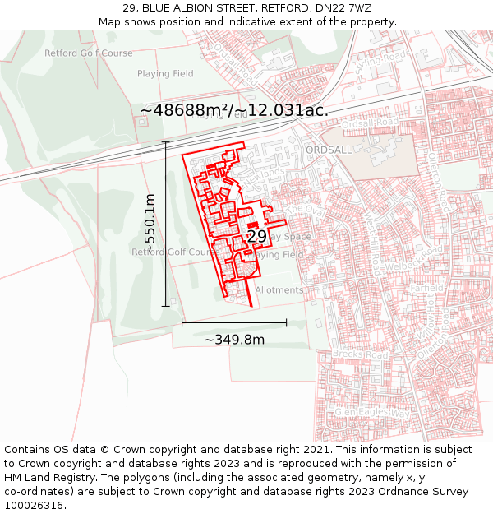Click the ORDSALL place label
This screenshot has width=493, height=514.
pos(328,150)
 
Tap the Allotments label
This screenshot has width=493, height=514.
pos(279,290)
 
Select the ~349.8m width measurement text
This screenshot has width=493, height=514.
pos(234,340)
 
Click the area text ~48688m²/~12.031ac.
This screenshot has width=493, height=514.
pos(234,109)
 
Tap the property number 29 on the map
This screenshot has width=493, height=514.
pos(257,236)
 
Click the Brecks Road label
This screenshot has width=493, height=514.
pos(359,354)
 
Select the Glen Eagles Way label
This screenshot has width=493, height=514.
pos(371,411)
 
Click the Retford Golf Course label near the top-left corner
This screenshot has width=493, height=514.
pos(88,53)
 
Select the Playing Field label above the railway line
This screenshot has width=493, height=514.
pos(165,74)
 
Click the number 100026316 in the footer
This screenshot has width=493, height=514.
pos(35,506)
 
